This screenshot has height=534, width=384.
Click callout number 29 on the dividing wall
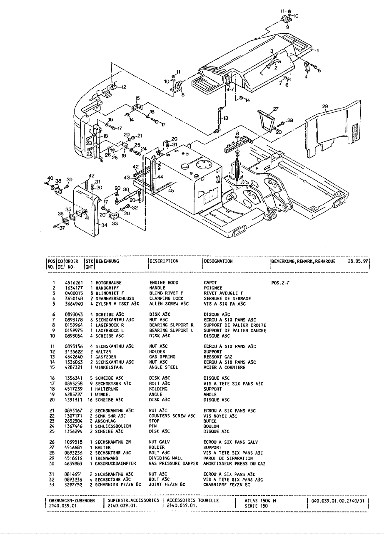coord(326,106)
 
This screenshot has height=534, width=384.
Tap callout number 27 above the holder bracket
coord(275,109)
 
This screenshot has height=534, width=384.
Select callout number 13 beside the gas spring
coord(226,118)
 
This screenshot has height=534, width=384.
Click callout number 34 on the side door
coord(104,225)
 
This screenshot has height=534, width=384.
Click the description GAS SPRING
coord(162,357)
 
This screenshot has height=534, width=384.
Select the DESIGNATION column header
coord(218,261)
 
